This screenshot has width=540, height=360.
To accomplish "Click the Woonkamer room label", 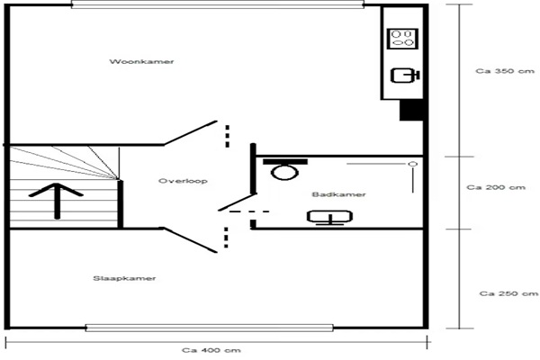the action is coord(141,62).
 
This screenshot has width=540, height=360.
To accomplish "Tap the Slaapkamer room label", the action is coord(124,278).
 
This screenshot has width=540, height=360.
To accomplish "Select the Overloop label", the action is coord(183,181).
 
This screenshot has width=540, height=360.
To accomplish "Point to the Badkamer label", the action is coord(339,194).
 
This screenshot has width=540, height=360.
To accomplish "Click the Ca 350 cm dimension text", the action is coord(505,71).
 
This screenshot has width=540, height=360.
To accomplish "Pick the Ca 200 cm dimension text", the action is coord(496,187).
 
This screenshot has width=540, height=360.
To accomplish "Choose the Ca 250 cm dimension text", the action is coord(508,293).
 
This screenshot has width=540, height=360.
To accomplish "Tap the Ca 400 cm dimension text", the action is coord(211,350).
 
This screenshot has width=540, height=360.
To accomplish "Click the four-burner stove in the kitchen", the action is coord(402,39).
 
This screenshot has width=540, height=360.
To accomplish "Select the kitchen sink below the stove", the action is coord(405,76).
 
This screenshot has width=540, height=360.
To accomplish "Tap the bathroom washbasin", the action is coord(329,218).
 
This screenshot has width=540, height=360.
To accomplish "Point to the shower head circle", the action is coord(413,164).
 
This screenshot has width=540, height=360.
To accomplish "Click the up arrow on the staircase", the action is coord(57,202).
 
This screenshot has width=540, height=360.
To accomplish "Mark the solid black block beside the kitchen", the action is coord(411,110).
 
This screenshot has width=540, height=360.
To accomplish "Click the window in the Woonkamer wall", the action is coord(218,4).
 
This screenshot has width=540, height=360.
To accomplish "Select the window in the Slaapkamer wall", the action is coord(210,328).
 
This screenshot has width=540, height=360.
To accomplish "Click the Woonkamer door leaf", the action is coord(190,132).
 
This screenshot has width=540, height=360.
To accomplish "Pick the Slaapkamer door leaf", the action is coord(190,239).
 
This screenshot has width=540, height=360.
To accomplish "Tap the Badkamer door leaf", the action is coord(238,202).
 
